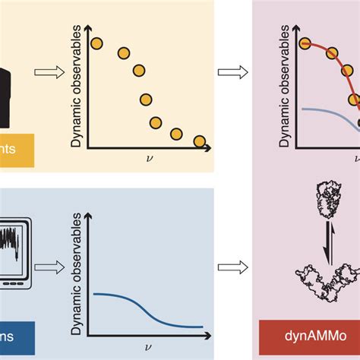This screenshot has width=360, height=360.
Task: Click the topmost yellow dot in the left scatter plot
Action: (96, 43)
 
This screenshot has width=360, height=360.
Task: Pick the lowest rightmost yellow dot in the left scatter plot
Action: (199, 141)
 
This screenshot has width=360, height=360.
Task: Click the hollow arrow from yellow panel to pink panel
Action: (228, 73)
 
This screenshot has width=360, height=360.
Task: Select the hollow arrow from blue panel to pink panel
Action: (228, 267)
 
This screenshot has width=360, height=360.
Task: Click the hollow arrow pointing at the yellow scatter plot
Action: (46, 73)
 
